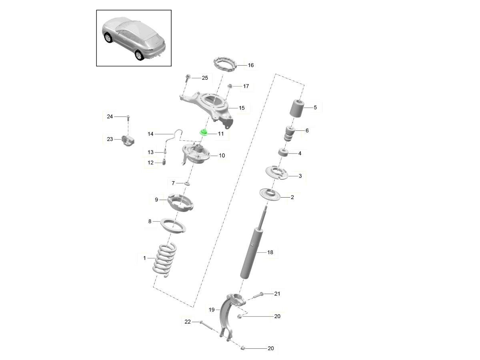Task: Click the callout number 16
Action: pos(251,65)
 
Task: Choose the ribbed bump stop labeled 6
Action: pos(290,133)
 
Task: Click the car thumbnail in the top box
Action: pos(134,38)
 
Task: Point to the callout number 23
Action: pos(110,139)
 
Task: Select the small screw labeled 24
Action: pos(128,118)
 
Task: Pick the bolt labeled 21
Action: pos(258,296)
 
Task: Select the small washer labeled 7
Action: pos(186,184)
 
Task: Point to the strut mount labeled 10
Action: pos(196,154)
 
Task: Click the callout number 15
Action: pos(242,108)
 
